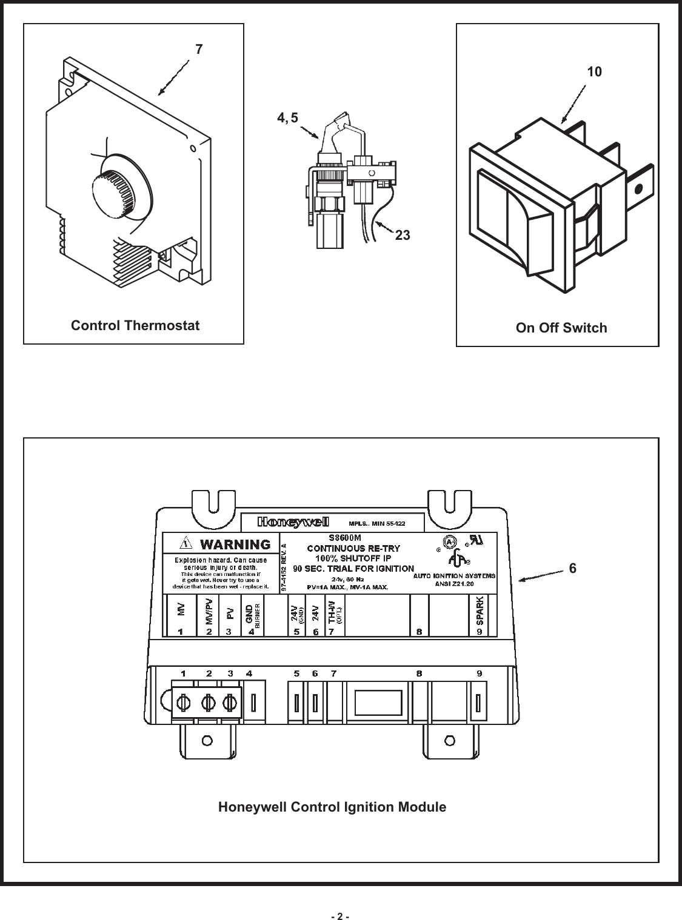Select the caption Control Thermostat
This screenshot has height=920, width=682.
(x=135, y=326)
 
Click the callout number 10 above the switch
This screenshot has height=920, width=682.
(x=595, y=72)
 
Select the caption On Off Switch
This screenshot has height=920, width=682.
(x=561, y=328)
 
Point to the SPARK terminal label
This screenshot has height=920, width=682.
(x=480, y=612)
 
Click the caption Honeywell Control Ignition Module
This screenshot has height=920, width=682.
(x=332, y=807)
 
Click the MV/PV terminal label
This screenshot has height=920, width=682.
(x=209, y=612)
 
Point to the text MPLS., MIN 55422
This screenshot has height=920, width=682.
(x=376, y=523)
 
